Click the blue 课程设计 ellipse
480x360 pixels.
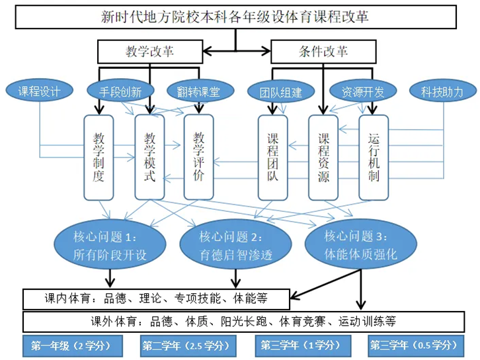coord(39,91)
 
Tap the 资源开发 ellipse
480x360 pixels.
coord(361,92)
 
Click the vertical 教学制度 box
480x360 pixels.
coord(99,157)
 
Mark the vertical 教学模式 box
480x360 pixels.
coord(150,157)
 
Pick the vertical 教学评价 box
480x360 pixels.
coord(199,157)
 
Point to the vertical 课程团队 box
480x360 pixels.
coord(273,157)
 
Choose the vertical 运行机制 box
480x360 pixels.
coord(374,157)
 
